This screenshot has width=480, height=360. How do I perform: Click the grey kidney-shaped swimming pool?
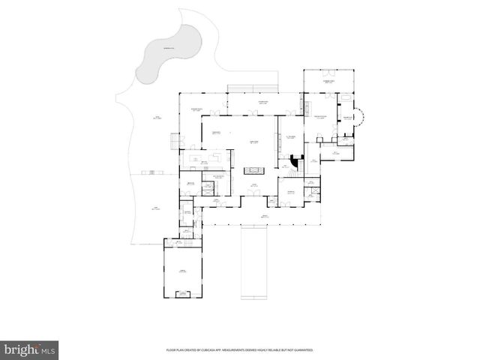click(169, 52)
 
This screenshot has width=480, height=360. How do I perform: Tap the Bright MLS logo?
click(31, 349)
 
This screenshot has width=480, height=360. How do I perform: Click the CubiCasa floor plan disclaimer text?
click(239, 350)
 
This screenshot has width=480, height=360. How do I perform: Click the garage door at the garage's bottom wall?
click(181, 295)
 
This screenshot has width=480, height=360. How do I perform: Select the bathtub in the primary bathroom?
click(346, 97)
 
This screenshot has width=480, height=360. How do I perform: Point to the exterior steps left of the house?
click(175, 140)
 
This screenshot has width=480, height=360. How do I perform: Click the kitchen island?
click(203, 160)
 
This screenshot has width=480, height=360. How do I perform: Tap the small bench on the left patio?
click(152, 172)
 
